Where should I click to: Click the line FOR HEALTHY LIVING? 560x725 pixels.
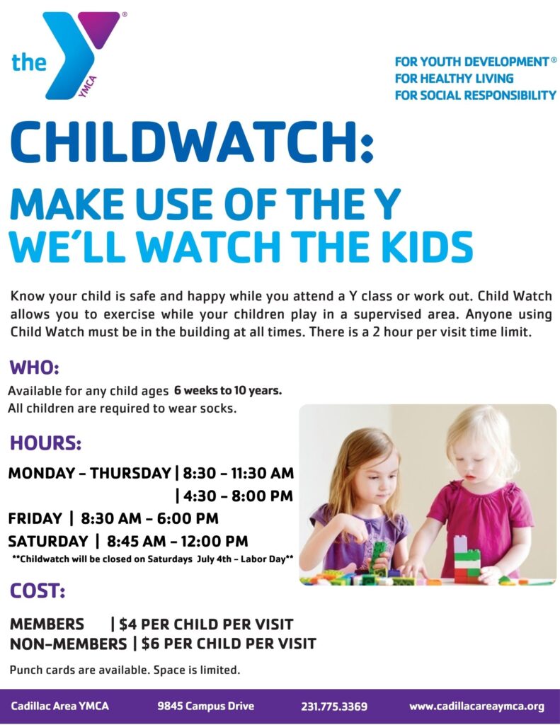454,78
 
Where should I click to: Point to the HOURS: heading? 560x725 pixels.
45,444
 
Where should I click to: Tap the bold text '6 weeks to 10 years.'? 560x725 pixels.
228,390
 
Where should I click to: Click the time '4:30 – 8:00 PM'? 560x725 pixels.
237,496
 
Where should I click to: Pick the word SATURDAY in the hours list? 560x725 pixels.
48,542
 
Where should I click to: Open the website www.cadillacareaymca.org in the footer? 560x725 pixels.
476,706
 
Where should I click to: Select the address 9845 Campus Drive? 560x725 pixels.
205,706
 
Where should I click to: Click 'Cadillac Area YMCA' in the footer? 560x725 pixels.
60,706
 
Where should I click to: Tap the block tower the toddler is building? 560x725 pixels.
465,559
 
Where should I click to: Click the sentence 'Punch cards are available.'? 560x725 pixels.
73,669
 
